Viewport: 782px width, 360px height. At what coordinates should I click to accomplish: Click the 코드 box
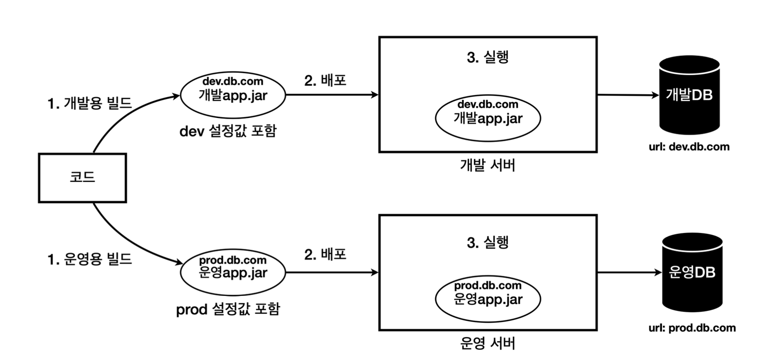click(82, 178)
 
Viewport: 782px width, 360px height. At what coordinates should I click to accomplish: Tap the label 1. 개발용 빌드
click(90, 103)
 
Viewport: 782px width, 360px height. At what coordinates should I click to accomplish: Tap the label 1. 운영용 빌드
click(90, 259)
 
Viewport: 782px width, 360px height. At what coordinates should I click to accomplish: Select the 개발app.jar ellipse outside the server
click(233, 95)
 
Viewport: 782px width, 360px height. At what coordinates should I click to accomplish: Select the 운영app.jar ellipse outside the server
click(233, 272)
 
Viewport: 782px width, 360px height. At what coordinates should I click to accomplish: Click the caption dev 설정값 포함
click(228, 131)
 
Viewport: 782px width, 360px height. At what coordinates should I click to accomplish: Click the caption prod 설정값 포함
click(228, 309)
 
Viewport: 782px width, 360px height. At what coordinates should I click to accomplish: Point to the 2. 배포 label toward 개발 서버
click(325, 80)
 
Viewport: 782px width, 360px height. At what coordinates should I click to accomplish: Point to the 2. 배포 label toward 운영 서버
click(325, 254)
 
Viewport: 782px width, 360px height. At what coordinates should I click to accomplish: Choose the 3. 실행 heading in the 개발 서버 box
click(488, 57)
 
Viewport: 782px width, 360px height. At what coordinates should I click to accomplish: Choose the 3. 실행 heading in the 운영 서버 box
click(488, 242)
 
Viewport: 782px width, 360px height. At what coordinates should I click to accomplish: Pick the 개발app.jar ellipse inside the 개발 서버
click(488, 118)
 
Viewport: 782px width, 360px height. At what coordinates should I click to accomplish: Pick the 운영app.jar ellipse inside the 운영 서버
click(488, 299)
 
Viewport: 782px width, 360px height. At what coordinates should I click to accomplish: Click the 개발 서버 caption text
click(488, 165)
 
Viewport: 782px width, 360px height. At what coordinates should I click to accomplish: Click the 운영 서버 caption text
click(488, 343)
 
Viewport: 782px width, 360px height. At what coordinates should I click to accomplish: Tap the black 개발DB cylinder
click(689, 95)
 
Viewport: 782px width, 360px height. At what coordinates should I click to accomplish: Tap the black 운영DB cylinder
click(692, 272)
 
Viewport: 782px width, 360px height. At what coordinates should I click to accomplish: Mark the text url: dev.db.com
click(689, 147)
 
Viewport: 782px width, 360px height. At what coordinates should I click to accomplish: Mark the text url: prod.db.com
click(692, 328)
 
